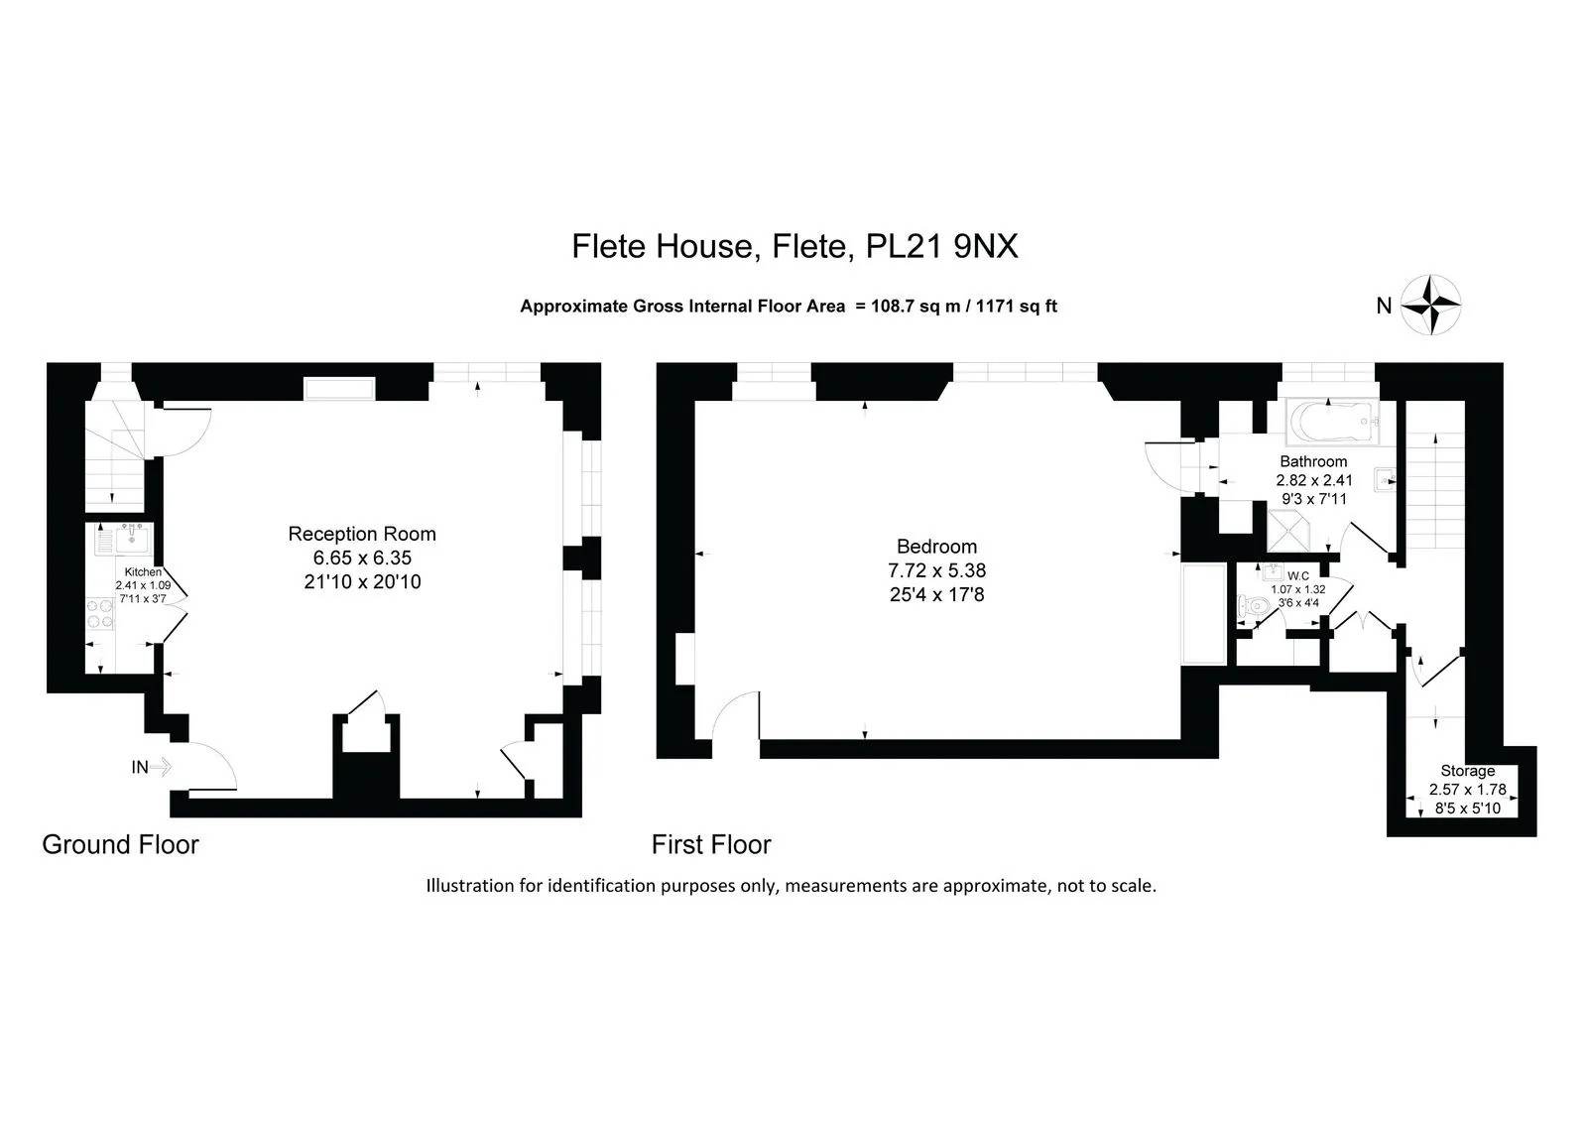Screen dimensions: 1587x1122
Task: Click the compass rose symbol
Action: click(x=1430, y=305)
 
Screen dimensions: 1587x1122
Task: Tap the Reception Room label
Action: click(x=362, y=534)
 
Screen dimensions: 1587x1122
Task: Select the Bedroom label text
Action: click(x=936, y=547)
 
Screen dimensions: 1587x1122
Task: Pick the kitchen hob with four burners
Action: click(x=100, y=614)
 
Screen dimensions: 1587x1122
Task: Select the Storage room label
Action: click(x=1467, y=771)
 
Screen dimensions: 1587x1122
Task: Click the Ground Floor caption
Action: click(x=120, y=845)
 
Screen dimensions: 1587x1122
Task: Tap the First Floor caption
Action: click(x=711, y=845)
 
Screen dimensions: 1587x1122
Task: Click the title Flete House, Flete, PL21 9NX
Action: click(x=794, y=247)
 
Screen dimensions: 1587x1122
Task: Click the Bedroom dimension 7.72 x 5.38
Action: click(x=936, y=569)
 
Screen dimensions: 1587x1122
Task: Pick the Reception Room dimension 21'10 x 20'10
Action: click(x=362, y=582)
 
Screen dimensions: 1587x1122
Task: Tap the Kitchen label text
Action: click(x=143, y=572)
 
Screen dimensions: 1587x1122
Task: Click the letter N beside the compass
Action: click(x=1384, y=306)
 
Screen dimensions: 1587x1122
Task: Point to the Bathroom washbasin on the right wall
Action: click(x=1385, y=480)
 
